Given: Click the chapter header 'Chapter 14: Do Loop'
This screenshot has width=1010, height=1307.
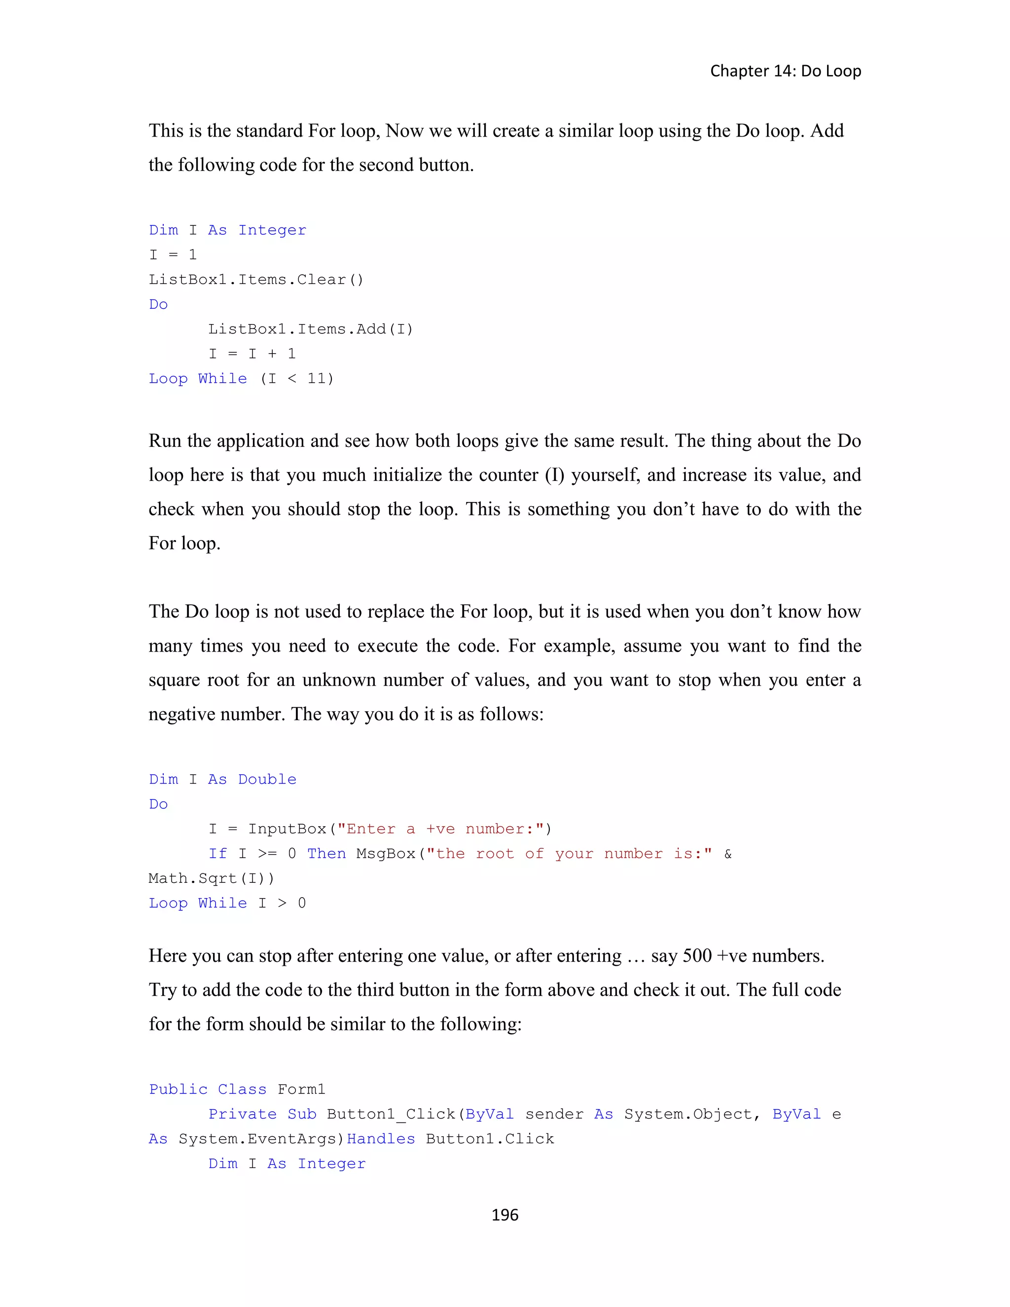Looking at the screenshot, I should [x=785, y=71].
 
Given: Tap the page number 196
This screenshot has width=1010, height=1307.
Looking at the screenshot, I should [x=505, y=1214].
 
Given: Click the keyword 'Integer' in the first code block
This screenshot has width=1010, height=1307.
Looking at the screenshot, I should [x=272, y=230].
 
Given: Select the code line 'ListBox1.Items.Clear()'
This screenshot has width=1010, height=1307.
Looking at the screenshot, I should [x=256, y=280].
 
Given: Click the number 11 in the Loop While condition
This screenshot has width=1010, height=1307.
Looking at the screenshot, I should [x=317, y=379].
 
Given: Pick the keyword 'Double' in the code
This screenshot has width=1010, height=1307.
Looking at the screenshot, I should [x=267, y=779].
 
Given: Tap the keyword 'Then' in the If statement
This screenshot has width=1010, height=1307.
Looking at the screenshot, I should [x=326, y=854].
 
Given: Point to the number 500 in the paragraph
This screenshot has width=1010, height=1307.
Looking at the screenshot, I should [x=697, y=956].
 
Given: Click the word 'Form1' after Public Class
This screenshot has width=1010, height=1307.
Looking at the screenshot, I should [x=301, y=1089].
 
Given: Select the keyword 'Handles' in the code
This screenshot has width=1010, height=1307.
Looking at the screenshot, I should [x=381, y=1139].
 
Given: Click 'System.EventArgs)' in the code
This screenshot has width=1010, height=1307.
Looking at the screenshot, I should [x=261, y=1139].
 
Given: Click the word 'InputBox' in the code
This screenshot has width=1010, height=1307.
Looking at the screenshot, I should [x=287, y=829].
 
